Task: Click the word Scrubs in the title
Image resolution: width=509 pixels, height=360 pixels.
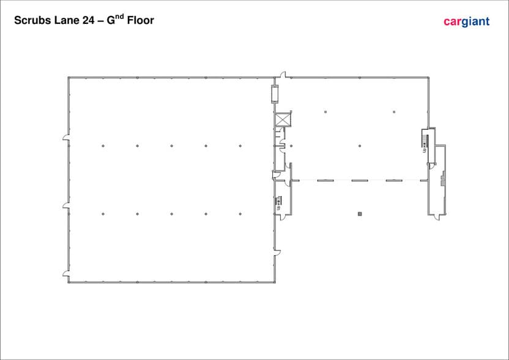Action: pyautogui.click(x=32, y=20)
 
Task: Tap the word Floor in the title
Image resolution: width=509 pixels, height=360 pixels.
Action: pyautogui.click(x=140, y=20)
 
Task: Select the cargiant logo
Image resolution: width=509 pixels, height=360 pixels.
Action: pyautogui.click(x=466, y=21)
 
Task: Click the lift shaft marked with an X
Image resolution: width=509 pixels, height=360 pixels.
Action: pyautogui.click(x=282, y=119)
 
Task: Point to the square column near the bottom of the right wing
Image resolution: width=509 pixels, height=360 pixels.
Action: pyautogui.click(x=360, y=214)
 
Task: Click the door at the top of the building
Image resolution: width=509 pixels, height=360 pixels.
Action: pyautogui.click(x=283, y=75)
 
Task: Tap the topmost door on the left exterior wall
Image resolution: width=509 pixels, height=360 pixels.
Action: pyautogui.click(x=66, y=137)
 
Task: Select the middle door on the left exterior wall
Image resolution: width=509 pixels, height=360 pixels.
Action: pyautogui.click(x=66, y=205)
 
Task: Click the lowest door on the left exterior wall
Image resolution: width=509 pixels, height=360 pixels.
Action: pyautogui.click(x=66, y=274)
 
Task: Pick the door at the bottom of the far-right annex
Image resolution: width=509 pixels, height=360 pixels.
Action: pyautogui.click(x=437, y=217)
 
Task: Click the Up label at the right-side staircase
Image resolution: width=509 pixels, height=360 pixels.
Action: pyautogui.click(x=425, y=151)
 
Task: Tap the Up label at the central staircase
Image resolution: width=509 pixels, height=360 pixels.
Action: pyautogui.click(x=278, y=208)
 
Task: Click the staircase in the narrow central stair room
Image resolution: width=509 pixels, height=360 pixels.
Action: pyautogui.click(x=278, y=200)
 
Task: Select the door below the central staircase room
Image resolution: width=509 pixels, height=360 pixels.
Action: pyautogui.click(x=283, y=217)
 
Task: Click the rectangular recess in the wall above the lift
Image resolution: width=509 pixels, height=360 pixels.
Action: pyautogui.click(x=275, y=94)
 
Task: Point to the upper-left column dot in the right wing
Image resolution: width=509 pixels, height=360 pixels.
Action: pyautogui.click(x=325, y=112)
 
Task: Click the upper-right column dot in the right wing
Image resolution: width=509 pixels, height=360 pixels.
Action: pyautogui.click(x=394, y=112)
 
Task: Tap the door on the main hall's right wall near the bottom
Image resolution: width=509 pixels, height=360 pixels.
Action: pyautogui.click(x=278, y=253)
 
